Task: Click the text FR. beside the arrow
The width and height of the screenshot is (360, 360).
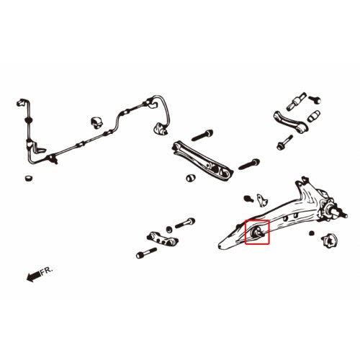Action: tap(46, 271)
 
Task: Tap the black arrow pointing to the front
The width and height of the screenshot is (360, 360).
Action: tap(33, 276)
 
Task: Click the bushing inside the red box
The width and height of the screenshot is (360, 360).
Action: tap(257, 232)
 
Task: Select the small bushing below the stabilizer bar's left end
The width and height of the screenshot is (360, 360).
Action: tap(29, 179)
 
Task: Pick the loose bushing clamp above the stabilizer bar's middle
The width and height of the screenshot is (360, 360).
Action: tap(96, 122)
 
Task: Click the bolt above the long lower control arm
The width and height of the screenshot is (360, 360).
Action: tap(202, 135)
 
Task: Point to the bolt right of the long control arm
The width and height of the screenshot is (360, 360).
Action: tap(249, 164)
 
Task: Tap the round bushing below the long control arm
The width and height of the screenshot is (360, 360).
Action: tap(191, 178)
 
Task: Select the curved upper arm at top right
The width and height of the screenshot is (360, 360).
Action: tap(290, 122)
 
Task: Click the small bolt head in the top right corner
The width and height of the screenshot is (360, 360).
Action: tap(315, 99)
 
